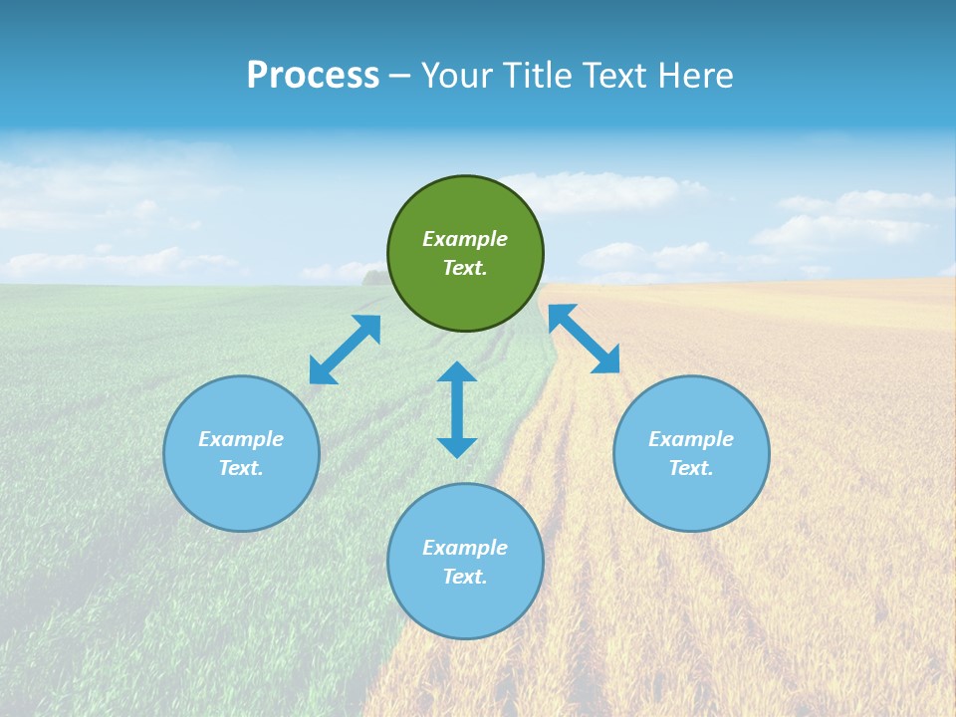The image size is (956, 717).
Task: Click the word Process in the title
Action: [x=313, y=76]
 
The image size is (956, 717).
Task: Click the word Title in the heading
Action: [x=539, y=76]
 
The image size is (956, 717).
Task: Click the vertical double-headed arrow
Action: [x=457, y=409]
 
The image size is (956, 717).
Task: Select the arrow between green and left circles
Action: [x=345, y=350]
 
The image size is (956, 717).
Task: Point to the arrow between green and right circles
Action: [x=584, y=339]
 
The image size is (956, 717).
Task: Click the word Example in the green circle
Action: [x=465, y=239]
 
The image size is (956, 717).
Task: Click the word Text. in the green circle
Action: [x=465, y=268]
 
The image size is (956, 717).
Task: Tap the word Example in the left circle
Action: [x=241, y=439]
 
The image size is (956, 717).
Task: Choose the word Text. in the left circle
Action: [x=241, y=468]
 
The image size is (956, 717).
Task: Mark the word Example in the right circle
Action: [x=691, y=439]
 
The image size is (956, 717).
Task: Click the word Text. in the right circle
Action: [x=691, y=468]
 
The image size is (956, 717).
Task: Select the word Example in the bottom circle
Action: [x=465, y=548]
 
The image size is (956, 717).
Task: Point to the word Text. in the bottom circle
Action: [x=465, y=577]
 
